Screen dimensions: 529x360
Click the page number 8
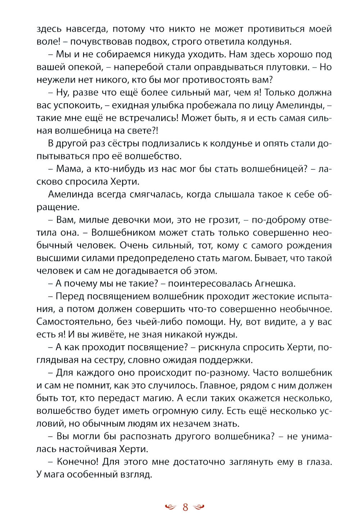tap(185, 507)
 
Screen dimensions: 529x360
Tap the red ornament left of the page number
tap(170, 507)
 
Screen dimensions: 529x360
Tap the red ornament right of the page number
tap(199, 507)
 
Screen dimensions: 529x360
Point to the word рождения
tap(309, 245)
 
